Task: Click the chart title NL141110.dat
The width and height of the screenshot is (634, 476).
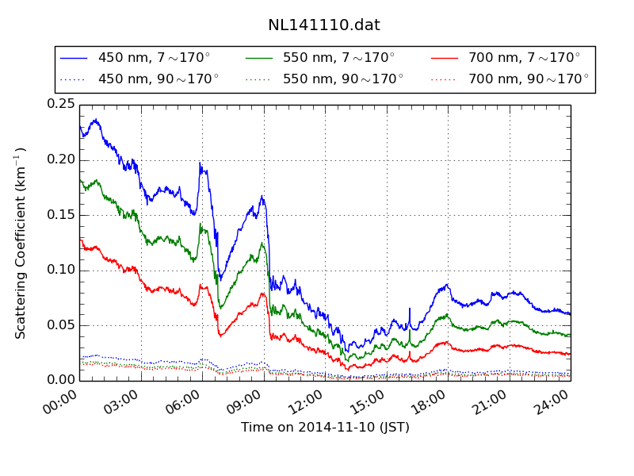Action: [x=324, y=25]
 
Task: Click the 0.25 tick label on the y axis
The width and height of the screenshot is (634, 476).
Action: [x=61, y=105]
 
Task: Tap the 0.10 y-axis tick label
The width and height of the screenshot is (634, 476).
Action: [x=61, y=270]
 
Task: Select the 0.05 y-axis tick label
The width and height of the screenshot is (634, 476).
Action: [x=61, y=325]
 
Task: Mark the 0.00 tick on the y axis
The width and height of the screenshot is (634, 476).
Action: [x=61, y=380]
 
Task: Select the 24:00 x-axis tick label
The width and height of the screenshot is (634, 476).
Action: [x=554, y=403]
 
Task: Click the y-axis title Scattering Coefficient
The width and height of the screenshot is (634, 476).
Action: [x=21, y=242]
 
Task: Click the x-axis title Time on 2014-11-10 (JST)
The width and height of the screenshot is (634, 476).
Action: [x=325, y=428]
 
